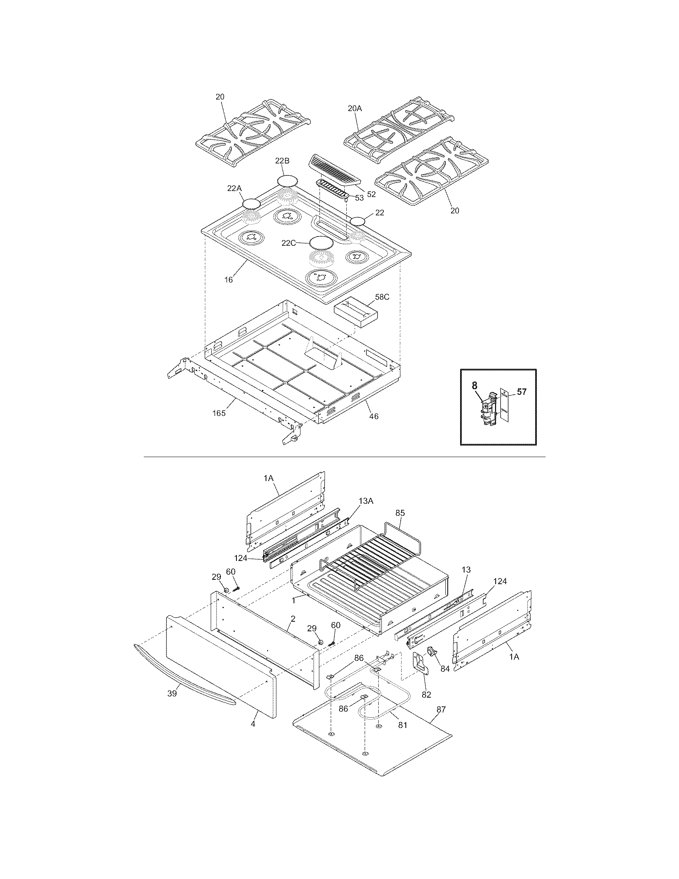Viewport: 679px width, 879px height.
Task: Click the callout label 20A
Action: [x=355, y=108]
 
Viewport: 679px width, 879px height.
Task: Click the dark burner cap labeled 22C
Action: [x=322, y=243]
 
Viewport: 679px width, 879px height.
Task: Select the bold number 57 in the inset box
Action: [x=521, y=391]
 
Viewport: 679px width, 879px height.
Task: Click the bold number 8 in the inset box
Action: [x=475, y=385]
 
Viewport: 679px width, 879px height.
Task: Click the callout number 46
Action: [x=374, y=417]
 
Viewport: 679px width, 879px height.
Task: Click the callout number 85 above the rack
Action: [x=400, y=513]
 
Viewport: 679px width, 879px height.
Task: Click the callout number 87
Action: [x=441, y=710]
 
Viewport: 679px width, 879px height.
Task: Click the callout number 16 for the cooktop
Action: [x=228, y=280]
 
